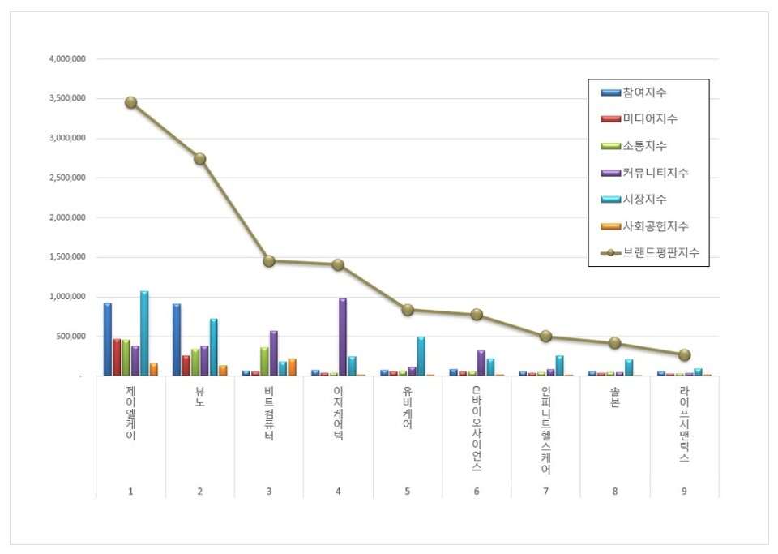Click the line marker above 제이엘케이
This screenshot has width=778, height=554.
(130, 102)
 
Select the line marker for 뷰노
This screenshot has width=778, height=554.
(199, 159)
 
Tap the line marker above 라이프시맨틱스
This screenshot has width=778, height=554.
(684, 354)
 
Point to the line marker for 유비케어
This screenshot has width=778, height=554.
(408, 310)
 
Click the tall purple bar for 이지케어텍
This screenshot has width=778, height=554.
(343, 337)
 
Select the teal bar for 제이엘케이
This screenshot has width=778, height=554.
(144, 333)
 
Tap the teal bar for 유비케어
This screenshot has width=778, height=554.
(421, 356)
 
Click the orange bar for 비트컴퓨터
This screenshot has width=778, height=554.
(292, 367)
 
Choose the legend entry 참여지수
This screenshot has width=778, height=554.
(645, 92)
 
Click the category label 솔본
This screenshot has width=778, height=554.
(614, 400)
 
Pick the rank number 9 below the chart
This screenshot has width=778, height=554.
(684, 491)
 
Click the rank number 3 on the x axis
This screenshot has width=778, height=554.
(269, 491)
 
